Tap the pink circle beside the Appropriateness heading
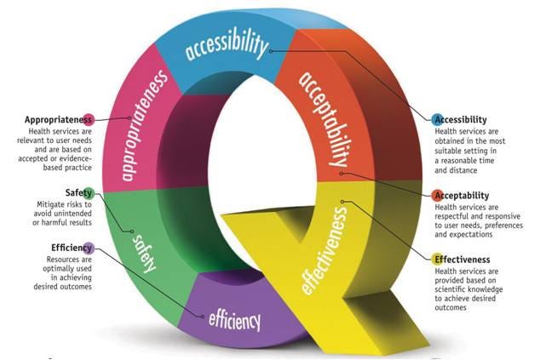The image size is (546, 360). click(x=89, y=119)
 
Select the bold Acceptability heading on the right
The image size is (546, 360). click(x=470, y=195)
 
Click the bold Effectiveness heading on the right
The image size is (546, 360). click(x=470, y=259)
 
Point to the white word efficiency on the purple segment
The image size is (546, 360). click(x=233, y=320)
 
